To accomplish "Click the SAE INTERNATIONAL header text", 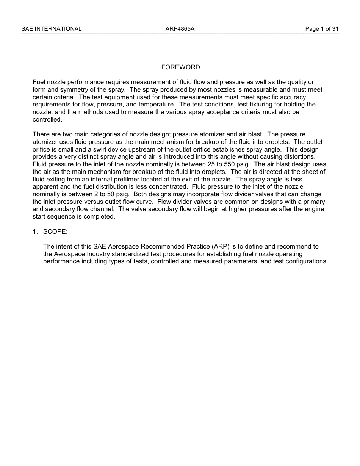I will (x=51, y=29).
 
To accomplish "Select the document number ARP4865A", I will (x=180, y=29).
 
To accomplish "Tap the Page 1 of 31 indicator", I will (x=322, y=29).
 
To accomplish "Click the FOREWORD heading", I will (x=180, y=67).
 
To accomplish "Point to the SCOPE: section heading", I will (x=55, y=231).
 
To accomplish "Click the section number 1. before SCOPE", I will (x=35, y=231).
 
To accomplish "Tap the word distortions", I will (x=298, y=157).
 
